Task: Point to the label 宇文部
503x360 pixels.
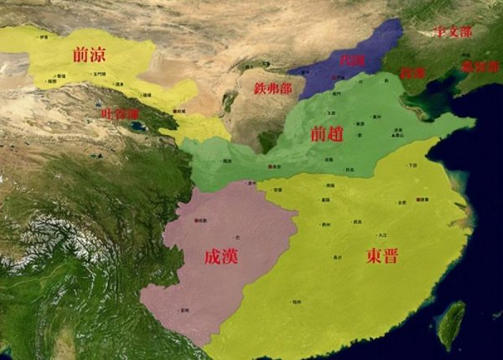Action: point(454,32)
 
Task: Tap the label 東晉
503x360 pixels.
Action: point(381,256)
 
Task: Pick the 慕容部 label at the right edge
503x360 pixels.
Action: point(481,65)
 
